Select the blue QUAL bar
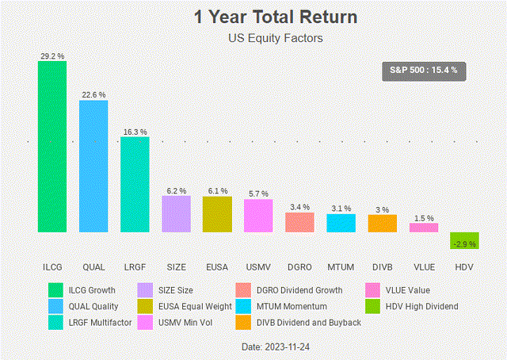93,167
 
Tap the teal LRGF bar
135,185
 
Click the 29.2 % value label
52,56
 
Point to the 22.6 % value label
93,94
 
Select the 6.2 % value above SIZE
176,191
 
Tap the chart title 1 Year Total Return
253,17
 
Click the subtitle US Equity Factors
253,37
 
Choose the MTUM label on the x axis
341,266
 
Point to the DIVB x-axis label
382,266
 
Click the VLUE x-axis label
423,266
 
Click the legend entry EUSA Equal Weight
193,306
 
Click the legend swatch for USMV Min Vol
145,323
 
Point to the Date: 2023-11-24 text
253,347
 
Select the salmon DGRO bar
299,222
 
